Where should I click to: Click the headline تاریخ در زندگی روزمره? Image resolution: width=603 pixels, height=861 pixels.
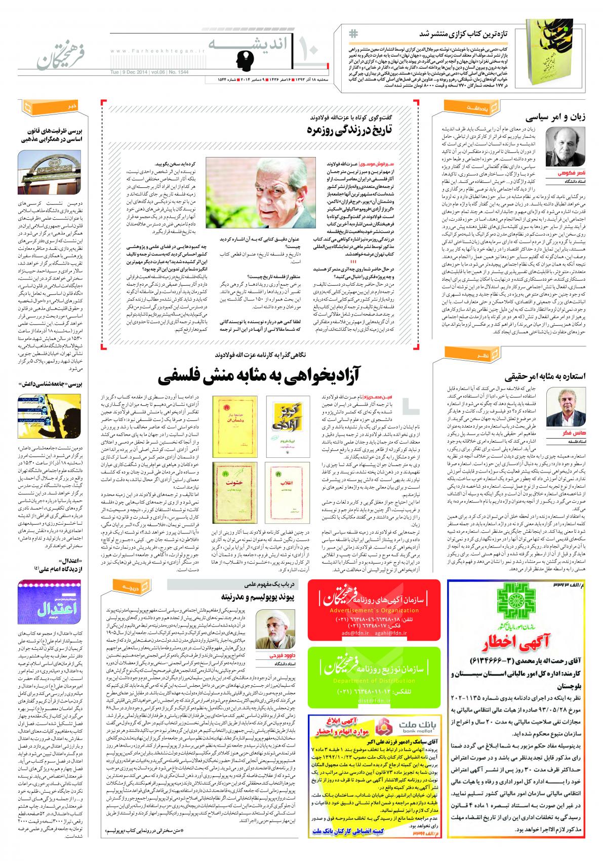pos(350,131)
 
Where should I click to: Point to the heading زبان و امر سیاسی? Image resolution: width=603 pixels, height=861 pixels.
pos(554,117)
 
